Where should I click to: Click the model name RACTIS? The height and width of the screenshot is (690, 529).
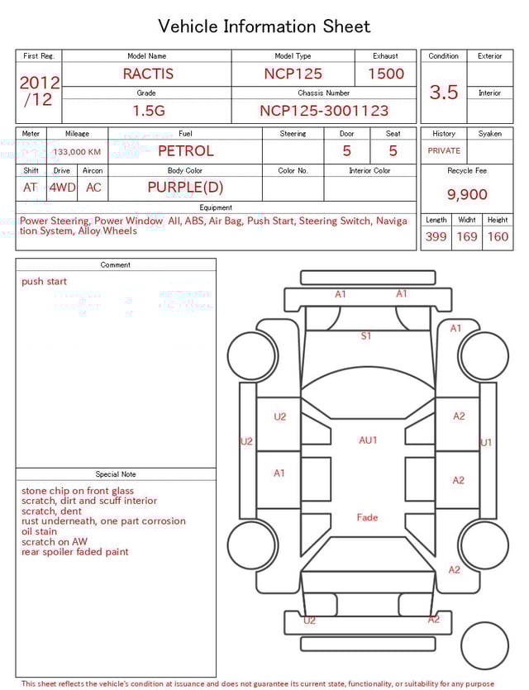149,74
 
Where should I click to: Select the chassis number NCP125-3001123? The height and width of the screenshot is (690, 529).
324,111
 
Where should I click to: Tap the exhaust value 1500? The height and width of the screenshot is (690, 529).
386,74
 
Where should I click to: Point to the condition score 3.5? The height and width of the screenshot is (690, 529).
444,92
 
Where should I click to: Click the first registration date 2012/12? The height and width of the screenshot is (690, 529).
39,91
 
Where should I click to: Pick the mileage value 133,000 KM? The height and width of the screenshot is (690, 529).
77,152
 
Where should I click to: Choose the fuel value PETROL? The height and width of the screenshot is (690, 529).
185,151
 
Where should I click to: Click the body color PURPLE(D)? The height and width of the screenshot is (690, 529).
185,187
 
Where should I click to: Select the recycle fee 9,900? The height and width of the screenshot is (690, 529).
467,195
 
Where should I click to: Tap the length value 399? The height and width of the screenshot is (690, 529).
436,237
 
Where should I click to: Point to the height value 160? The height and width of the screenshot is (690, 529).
498,237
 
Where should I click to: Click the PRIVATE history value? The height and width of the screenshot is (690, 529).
444,151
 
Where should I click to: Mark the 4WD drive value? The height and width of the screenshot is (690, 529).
62,188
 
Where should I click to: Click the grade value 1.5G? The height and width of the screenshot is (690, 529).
146,111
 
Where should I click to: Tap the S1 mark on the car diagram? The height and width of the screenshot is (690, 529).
366,336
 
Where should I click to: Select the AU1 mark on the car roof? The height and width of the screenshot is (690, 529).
368,440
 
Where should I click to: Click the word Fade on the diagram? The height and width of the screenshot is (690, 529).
367,517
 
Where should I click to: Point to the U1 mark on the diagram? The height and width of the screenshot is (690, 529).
487,443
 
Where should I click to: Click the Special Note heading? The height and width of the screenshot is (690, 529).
116,474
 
